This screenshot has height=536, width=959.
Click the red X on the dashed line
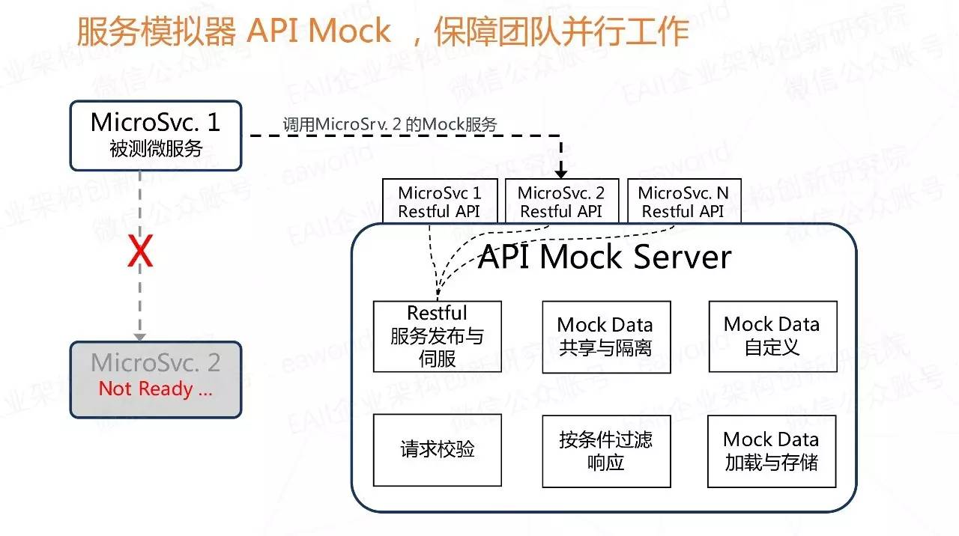click(x=140, y=251)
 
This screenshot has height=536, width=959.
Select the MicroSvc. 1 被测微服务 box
click(x=156, y=135)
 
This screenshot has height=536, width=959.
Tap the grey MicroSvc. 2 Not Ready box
click(x=156, y=380)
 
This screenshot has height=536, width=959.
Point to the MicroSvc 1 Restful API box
click(x=440, y=201)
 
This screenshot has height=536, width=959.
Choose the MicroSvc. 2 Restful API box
click(x=562, y=201)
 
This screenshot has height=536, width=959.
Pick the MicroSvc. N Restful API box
click(x=684, y=201)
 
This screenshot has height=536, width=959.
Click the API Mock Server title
click(x=605, y=257)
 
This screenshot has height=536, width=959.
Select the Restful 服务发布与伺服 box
click(x=438, y=337)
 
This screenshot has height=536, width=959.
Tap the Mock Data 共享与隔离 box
click(x=606, y=337)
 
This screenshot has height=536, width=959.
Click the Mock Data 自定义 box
click(x=772, y=337)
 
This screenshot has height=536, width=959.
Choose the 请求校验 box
click(x=438, y=450)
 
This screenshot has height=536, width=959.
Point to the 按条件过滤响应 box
click(x=606, y=451)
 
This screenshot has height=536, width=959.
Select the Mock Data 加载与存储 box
click(x=772, y=451)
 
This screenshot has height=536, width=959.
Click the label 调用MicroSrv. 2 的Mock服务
click(x=390, y=124)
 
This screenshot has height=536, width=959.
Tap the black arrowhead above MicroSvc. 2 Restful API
click(x=561, y=173)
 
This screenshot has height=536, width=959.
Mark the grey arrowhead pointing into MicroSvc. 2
click(x=140, y=338)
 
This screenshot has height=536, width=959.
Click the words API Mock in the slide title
click(x=319, y=31)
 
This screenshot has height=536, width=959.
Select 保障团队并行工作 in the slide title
click(x=561, y=31)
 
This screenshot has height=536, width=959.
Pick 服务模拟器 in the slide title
click(x=157, y=31)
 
